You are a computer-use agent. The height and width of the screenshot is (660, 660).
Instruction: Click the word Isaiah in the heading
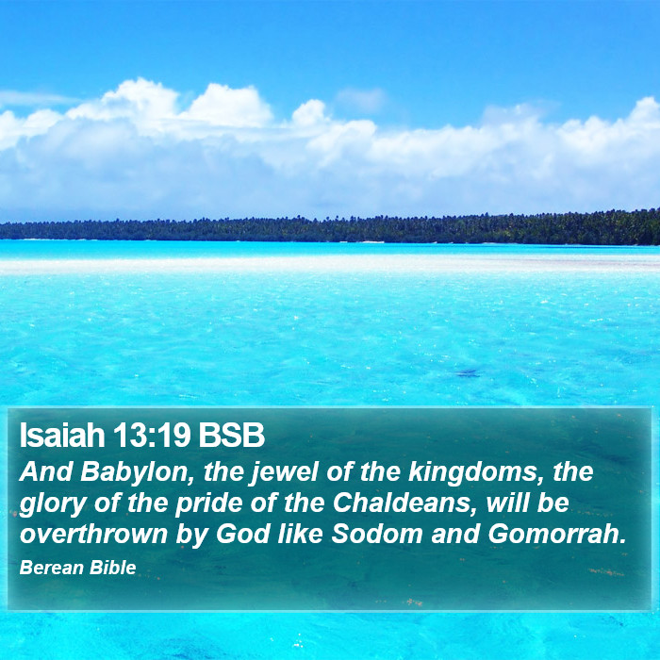61,436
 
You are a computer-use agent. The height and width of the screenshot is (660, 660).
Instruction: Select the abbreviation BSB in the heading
232,436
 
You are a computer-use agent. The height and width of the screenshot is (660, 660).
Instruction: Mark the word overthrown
93,534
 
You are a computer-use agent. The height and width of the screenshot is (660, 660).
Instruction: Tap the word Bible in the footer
113,569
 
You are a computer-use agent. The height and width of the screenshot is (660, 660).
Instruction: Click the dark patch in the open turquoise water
467,373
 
